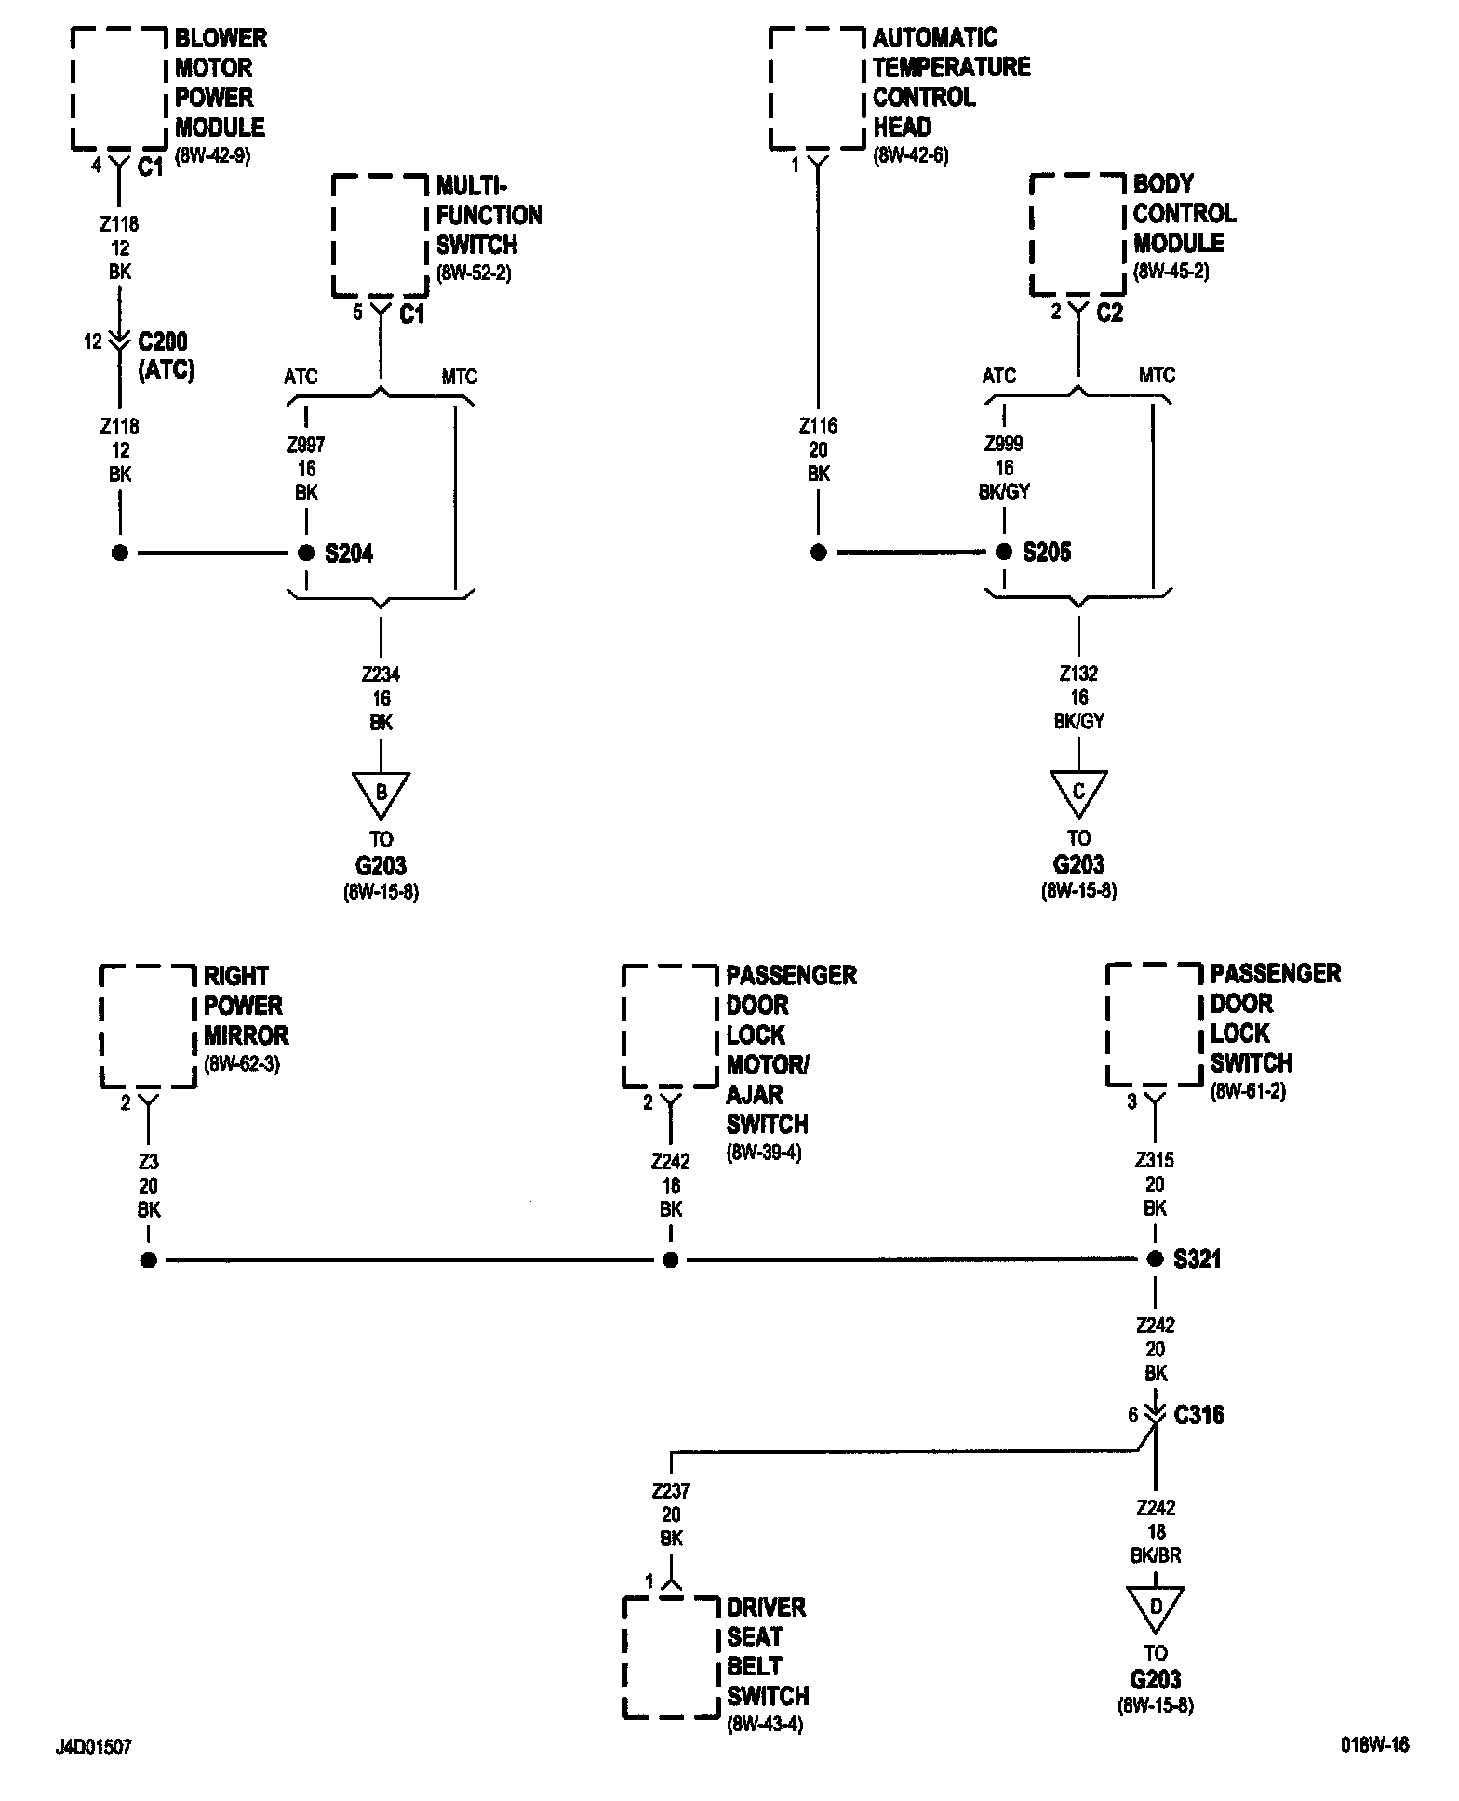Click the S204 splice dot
coord(306,553)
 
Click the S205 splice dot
coord(1004,552)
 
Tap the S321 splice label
coord(1197,1260)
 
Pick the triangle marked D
coord(1155,1607)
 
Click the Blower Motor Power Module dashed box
coord(118,88)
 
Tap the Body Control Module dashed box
coord(1078,233)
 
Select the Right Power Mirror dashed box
coord(148,1026)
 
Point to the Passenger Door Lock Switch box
coord(1154,1024)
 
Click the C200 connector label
coord(163,341)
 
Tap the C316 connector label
coord(1198,1415)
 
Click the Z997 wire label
coord(306,445)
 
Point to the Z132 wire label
coord(1078,673)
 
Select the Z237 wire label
coord(671,1491)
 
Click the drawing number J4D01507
coord(93,1747)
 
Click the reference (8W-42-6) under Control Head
coord(910,156)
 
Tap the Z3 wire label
coord(149,1161)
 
